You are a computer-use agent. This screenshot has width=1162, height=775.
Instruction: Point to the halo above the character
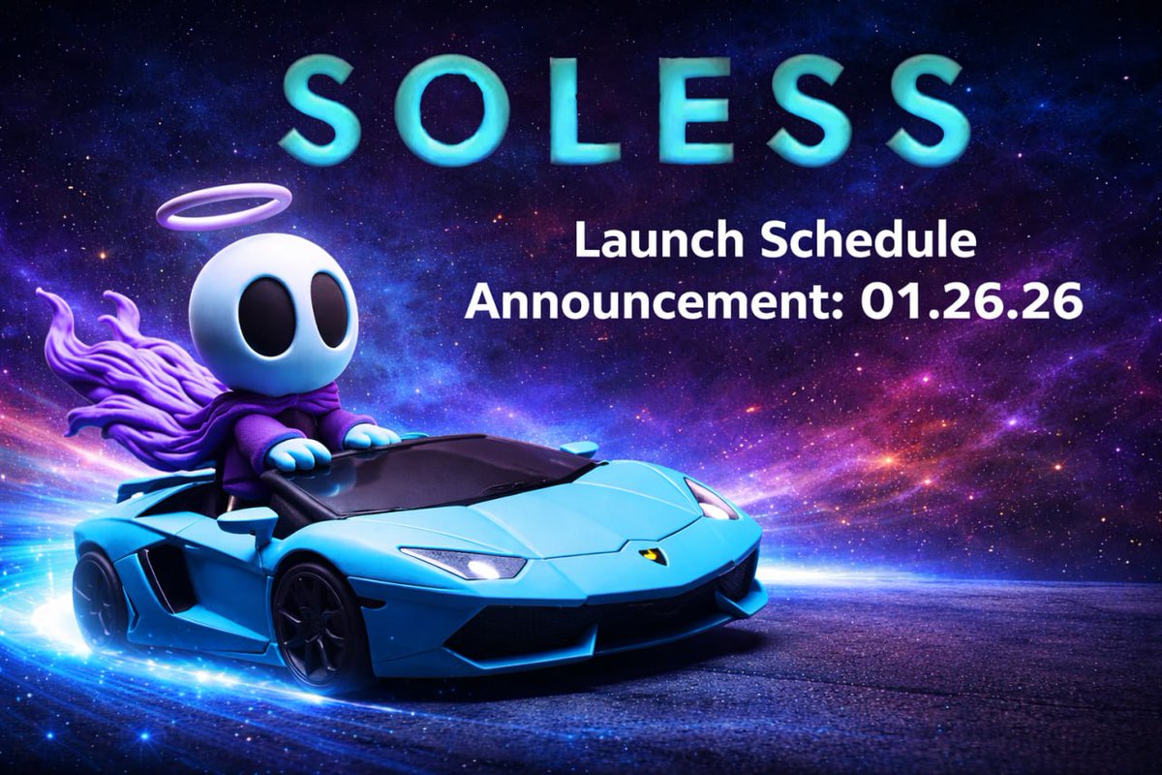coord(224,205)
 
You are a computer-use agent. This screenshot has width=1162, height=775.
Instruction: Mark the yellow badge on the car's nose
coord(653,555)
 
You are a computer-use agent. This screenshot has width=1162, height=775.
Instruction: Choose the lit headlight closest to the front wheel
coord(465,563)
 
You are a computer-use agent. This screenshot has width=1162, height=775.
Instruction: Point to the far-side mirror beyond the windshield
coord(579,449)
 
